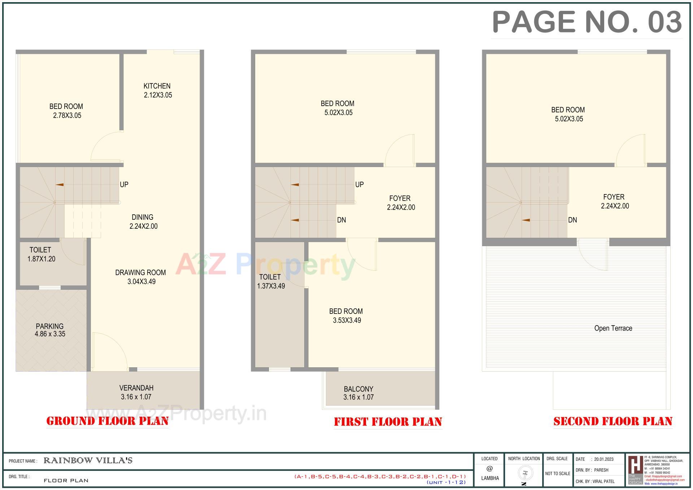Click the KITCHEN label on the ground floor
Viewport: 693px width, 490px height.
click(157, 86)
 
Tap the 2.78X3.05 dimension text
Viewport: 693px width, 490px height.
click(67, 115)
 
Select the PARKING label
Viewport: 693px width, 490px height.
click(49, 326)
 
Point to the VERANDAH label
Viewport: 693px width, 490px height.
click(136, 388)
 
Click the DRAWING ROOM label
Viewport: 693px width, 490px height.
click(140, 272)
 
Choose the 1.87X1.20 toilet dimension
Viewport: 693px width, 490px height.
click(42, 259)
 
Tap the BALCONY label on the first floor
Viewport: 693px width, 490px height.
click(358, 389)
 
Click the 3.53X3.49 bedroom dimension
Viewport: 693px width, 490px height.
click(347, 320)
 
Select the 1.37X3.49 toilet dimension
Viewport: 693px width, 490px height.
click(271, 286)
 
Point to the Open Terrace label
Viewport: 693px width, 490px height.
click(613, 328)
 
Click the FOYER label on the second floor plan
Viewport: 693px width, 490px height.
click(614, 197)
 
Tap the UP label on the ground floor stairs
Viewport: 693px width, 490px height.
click(124, 184)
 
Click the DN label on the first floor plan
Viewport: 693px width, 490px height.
click(341, 220)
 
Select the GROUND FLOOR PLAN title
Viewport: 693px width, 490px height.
click(108, 421)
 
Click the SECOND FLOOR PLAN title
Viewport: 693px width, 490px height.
click(613, 421)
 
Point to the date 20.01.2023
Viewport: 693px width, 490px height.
click(604, 459)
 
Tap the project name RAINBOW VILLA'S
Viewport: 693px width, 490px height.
click(88, 460)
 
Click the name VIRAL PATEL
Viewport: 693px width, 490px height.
click(604, 481)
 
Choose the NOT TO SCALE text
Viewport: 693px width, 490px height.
click(558, 473)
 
